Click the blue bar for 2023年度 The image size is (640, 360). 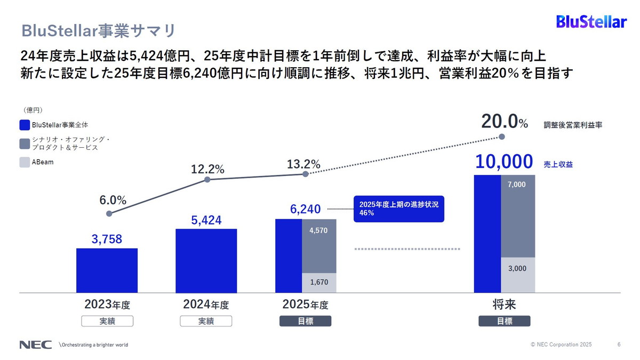point(107,270)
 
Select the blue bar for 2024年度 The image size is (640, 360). point(206,261)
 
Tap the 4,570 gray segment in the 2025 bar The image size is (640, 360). point(319,246)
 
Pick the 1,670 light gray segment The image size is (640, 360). point(319,283)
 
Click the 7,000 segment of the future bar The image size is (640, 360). point(517,216)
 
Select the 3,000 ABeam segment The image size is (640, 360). point(517,275)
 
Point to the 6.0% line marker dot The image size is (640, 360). point(109,213)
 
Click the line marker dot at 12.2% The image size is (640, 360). point(207,180)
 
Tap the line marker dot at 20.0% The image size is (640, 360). point(502,137)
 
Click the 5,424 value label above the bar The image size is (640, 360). point(206,220)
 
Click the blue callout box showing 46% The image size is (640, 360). point(398,209)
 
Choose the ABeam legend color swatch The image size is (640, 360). point(25,162)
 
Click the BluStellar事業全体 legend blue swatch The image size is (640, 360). point(25,125)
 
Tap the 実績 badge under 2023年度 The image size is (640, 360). point(107,321)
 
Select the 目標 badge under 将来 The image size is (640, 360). point(504,321)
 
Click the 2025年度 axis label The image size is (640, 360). point(305,305)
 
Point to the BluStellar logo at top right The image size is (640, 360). point(591,22)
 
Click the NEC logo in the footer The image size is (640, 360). point(36,345)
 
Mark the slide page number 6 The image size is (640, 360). point(619,345)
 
